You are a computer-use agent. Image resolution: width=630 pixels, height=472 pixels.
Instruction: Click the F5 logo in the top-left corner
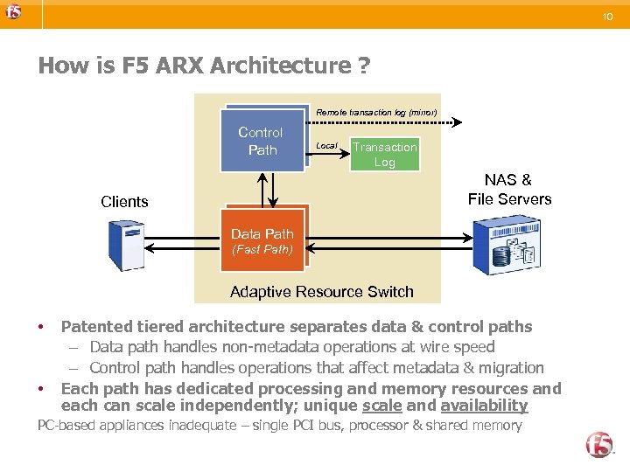[12, 12]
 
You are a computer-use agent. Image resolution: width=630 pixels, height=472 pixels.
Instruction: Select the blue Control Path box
[262, 142]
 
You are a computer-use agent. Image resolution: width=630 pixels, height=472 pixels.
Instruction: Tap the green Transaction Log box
[384, 155]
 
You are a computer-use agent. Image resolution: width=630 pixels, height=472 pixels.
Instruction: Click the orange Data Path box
[262, 240]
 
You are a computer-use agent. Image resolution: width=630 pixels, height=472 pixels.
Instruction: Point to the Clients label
[124, 202]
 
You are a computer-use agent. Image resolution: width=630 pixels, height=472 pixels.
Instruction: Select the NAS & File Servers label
[509, 190]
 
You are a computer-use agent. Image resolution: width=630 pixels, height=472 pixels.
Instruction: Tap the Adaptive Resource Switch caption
[321, 292]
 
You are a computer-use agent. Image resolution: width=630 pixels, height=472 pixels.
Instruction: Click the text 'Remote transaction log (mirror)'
[376, 113]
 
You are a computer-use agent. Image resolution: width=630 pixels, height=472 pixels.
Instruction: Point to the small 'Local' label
[326, 146]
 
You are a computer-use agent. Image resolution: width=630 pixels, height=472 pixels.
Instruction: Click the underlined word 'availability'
[484, 406]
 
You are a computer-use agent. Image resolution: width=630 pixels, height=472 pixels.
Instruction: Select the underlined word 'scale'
[381, 406]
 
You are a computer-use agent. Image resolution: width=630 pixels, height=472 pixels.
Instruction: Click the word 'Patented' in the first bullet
[96, 327]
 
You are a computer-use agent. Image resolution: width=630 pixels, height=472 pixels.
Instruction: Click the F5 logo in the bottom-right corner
[599, 444]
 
